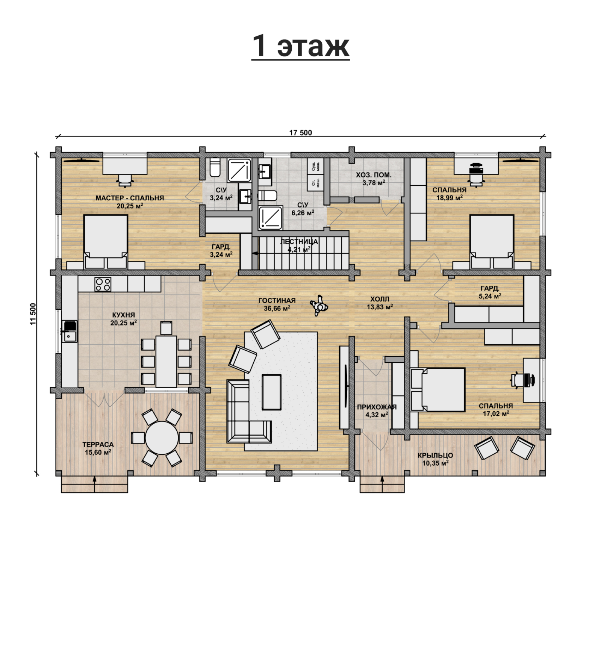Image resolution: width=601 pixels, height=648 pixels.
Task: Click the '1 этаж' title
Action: (x=300, y=46)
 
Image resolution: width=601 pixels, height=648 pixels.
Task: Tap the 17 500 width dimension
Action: (x=300, y=133)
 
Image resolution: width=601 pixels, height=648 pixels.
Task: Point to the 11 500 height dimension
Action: (x=33, y=314)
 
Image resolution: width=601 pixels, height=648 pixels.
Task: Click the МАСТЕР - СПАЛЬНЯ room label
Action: (x=130, y=198)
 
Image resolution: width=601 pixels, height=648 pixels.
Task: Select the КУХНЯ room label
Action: (x=123, y=315)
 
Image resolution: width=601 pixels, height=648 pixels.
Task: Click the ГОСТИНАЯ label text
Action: (x=277, y=301)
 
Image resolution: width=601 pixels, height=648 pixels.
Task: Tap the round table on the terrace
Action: (x=162, y=438)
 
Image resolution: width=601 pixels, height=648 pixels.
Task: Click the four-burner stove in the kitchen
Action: (x=103, y=284)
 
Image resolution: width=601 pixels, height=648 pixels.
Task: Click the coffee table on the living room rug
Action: (x=272, y=392)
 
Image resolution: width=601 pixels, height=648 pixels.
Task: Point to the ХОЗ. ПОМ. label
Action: (x=374, y=175)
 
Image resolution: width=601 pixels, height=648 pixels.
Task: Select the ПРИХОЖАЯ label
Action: (x=377, y=407)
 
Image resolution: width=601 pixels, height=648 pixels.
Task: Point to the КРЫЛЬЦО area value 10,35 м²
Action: (x=435, y=463)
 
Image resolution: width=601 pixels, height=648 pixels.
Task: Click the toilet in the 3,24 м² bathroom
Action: (x=215, y=167)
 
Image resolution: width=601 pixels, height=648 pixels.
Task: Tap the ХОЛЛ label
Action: (x=380, y=299)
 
